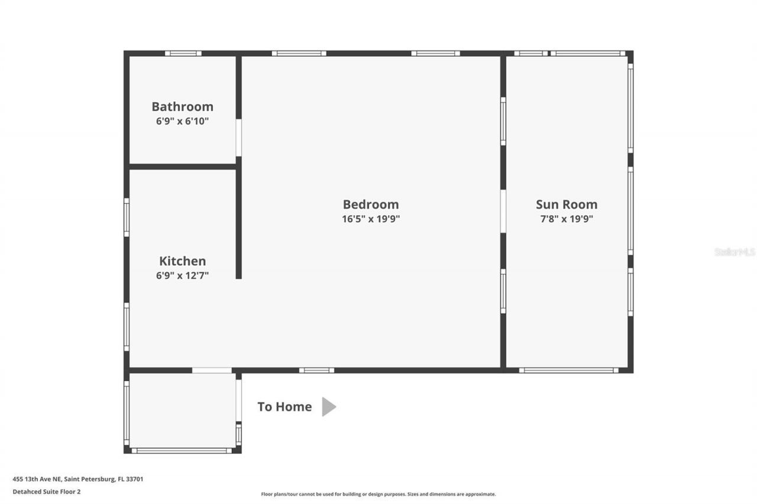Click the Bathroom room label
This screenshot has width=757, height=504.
coord(182,106)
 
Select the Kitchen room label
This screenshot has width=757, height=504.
coord(182,261)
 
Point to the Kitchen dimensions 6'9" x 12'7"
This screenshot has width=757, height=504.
coord(182,275)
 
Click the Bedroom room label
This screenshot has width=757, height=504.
coord(371,204)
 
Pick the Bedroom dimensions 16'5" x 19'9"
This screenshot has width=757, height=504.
coord(371,219)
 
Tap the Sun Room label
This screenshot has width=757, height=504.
coord(567,204)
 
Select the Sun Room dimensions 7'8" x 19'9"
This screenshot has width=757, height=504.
coord(567,219)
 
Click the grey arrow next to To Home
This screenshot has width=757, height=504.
coord(329,407)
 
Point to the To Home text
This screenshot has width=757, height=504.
coord(284,407)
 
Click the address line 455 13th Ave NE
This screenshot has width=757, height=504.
coord(78,479)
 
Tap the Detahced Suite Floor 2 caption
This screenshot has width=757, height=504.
coord(47,491)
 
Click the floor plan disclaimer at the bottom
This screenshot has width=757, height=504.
coord(378,494)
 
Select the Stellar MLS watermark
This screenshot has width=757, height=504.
coord(735,252)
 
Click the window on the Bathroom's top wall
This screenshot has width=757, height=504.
coord(183,53)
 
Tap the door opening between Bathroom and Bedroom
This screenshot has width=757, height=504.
coord(238,138)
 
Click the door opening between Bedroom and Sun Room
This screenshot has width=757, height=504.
coord(503,211)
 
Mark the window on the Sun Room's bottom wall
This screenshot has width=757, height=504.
coord(569,370)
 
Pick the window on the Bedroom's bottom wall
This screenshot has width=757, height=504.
coord(316,370)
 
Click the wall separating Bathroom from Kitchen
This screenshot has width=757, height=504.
coord(183,167)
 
